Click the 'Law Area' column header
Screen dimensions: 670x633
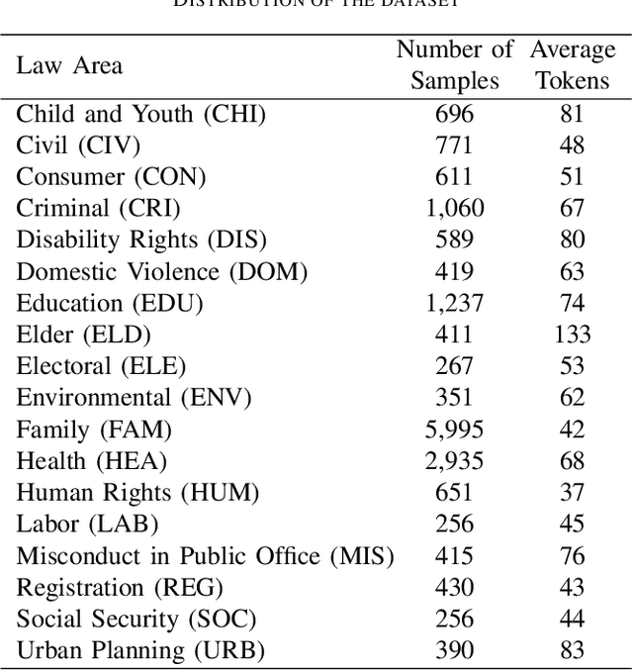pyautogui.click(x=69, y=65)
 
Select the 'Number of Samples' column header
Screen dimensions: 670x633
pyautogui.click(x=455, y=64)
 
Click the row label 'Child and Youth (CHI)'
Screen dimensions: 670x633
pyautogui.click(x=141, y=114)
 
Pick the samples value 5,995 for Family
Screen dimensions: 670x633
pyautogui.click(x=455, y=430)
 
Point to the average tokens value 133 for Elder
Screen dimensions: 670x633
pyautogui.click(x=572, y=335)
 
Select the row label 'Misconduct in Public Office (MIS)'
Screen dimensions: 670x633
pyautogui.click(x=205, y=556)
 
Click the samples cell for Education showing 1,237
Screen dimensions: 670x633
pyautogui.click(x=455, y=303)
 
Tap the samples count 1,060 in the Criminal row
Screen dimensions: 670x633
pyautogui.click(x=455, y=208)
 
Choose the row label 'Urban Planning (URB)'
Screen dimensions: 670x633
pyautogui.click(x=141, y=651)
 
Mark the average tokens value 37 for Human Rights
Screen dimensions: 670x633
pyautogui.click(x=572, y=493)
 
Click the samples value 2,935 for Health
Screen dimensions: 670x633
pyautogui.click(x=455, y=461)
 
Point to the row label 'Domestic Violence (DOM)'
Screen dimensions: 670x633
pyautogui.click(x=162, y=271)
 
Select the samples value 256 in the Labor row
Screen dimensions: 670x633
pyautogui.click(x=455, y=525)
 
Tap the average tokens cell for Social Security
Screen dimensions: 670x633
pyautogui.click(x=572, y=620)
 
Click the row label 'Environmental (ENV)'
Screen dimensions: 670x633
pyautogui.click(x=135, y=398)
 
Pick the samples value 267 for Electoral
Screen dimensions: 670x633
pyautogui.click(x=455, y=366)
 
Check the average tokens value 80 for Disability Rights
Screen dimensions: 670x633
pyautogui.click(x=572, y=239)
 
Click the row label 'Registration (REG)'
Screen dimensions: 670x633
pyautogui.click(x=120, y=588)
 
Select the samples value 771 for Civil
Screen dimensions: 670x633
pyautogui.click(x=455, y=145)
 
